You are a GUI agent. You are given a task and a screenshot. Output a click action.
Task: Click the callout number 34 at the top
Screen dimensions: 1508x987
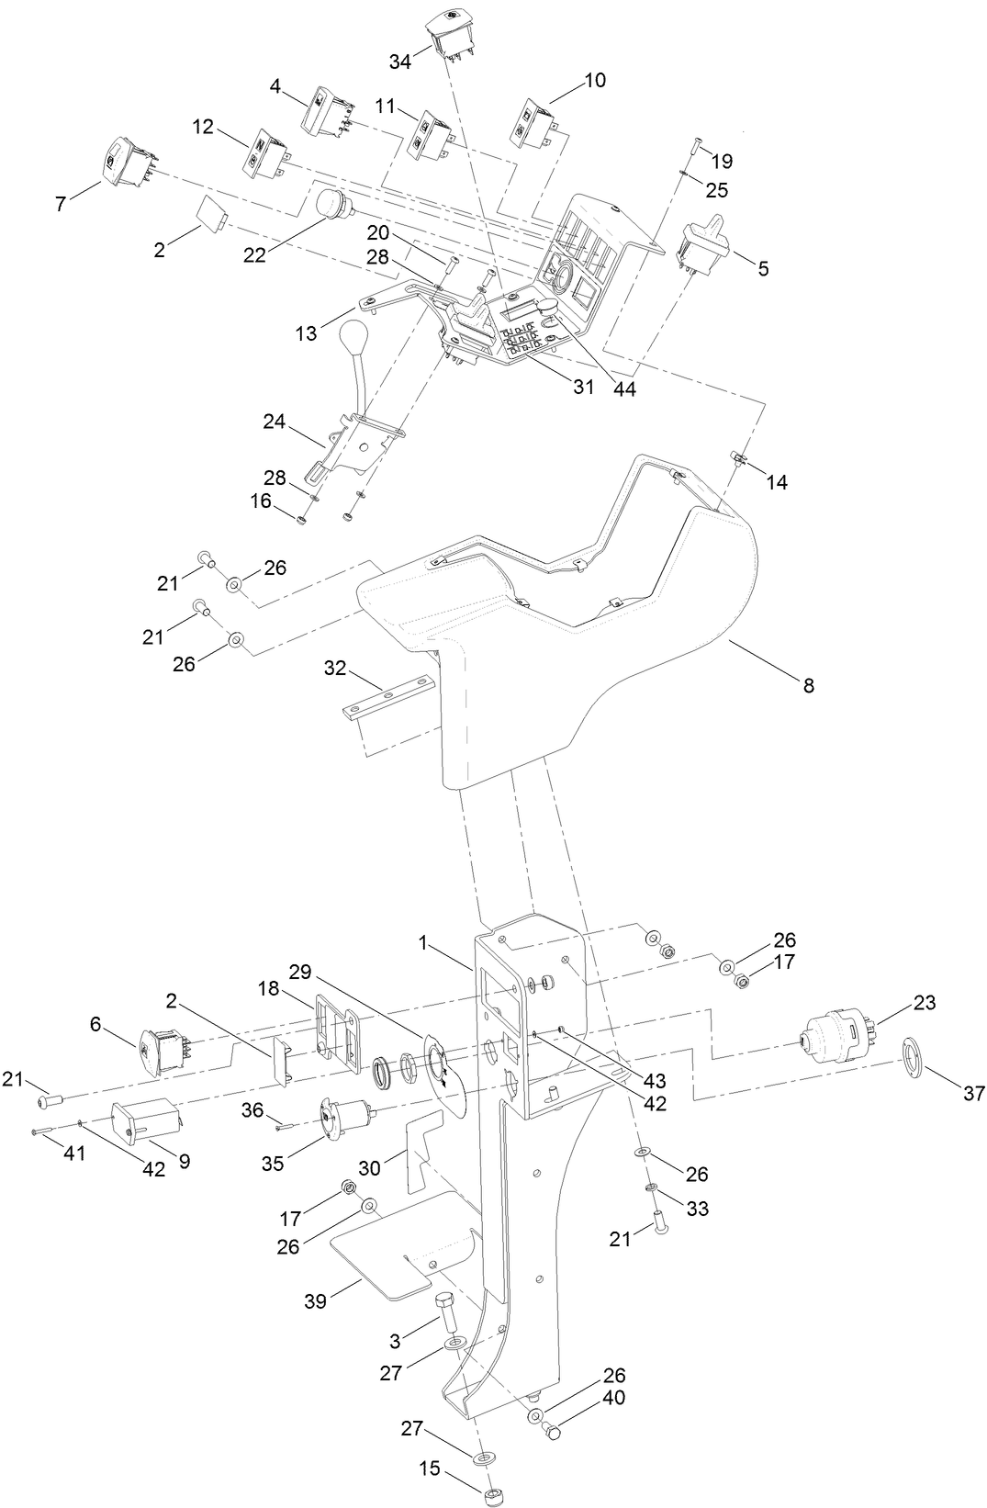coord(399,62)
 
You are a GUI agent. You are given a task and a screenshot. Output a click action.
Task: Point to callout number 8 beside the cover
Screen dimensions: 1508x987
coord(808,685)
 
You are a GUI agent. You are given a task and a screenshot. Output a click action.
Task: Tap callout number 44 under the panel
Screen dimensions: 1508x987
coord(624,388)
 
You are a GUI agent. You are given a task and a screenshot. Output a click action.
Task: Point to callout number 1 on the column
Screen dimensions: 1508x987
coord(423,942)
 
